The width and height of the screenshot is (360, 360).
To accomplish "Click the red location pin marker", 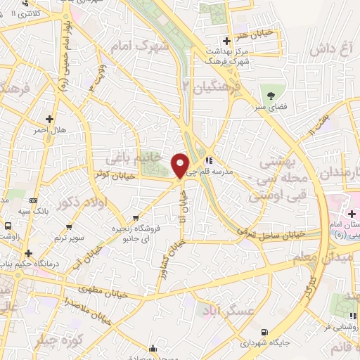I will coord(180,165).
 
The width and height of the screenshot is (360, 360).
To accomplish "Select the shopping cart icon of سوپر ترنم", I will coord(69,227).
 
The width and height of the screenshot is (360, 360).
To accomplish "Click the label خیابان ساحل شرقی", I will coord(271,232).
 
